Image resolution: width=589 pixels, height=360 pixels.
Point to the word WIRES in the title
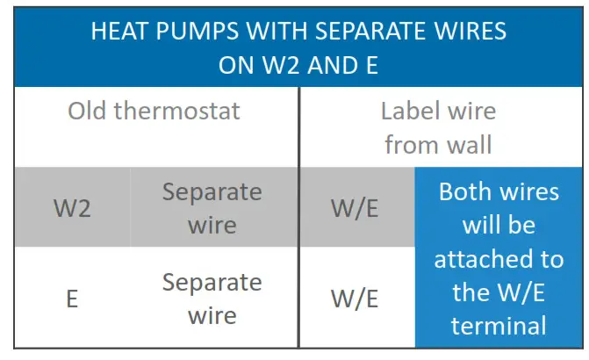click(466, 32)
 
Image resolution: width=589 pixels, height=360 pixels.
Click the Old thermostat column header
click(154, 112)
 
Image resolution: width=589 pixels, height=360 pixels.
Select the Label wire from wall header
click(439, 127)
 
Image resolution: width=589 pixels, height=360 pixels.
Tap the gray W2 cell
click(72, 208)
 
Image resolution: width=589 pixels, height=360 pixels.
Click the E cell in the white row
click(72, 299)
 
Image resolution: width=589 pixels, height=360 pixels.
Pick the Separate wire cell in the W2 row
click(212, 208)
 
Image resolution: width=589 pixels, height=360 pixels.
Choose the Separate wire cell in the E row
click(212, 299)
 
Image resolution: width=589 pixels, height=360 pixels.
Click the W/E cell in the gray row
click(355, 208)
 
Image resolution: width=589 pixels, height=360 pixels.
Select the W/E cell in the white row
click(355, 299)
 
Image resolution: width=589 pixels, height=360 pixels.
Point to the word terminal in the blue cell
click(499, 326)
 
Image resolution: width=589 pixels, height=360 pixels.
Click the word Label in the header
click(410, 112)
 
